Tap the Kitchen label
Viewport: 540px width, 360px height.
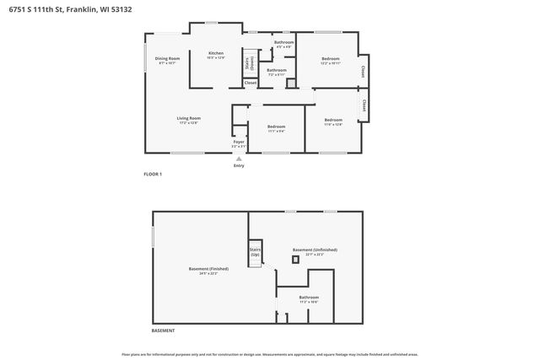pos(216,56)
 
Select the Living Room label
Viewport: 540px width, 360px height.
pos(188,120)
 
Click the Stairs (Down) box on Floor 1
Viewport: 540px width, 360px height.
pos(249,63)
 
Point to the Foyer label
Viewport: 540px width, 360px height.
pos(239,143)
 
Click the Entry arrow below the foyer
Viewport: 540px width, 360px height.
pos(239,158)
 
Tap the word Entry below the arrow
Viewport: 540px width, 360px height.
pos(239,165)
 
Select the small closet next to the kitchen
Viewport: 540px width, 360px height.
pos(251,83)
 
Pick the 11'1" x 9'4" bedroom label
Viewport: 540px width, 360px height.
pos(277,128)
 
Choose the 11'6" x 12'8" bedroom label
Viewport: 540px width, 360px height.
pos(333,122)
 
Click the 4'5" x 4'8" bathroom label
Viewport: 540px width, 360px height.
pos(283,44)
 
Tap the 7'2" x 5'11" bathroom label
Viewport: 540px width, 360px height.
pos(277,73)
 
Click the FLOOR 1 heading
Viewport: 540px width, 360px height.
pos(153,174)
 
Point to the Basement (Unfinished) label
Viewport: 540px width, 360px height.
pos(315,251)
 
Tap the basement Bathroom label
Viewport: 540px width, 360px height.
pos(309,298)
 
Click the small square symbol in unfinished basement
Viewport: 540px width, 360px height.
pos(294,261)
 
